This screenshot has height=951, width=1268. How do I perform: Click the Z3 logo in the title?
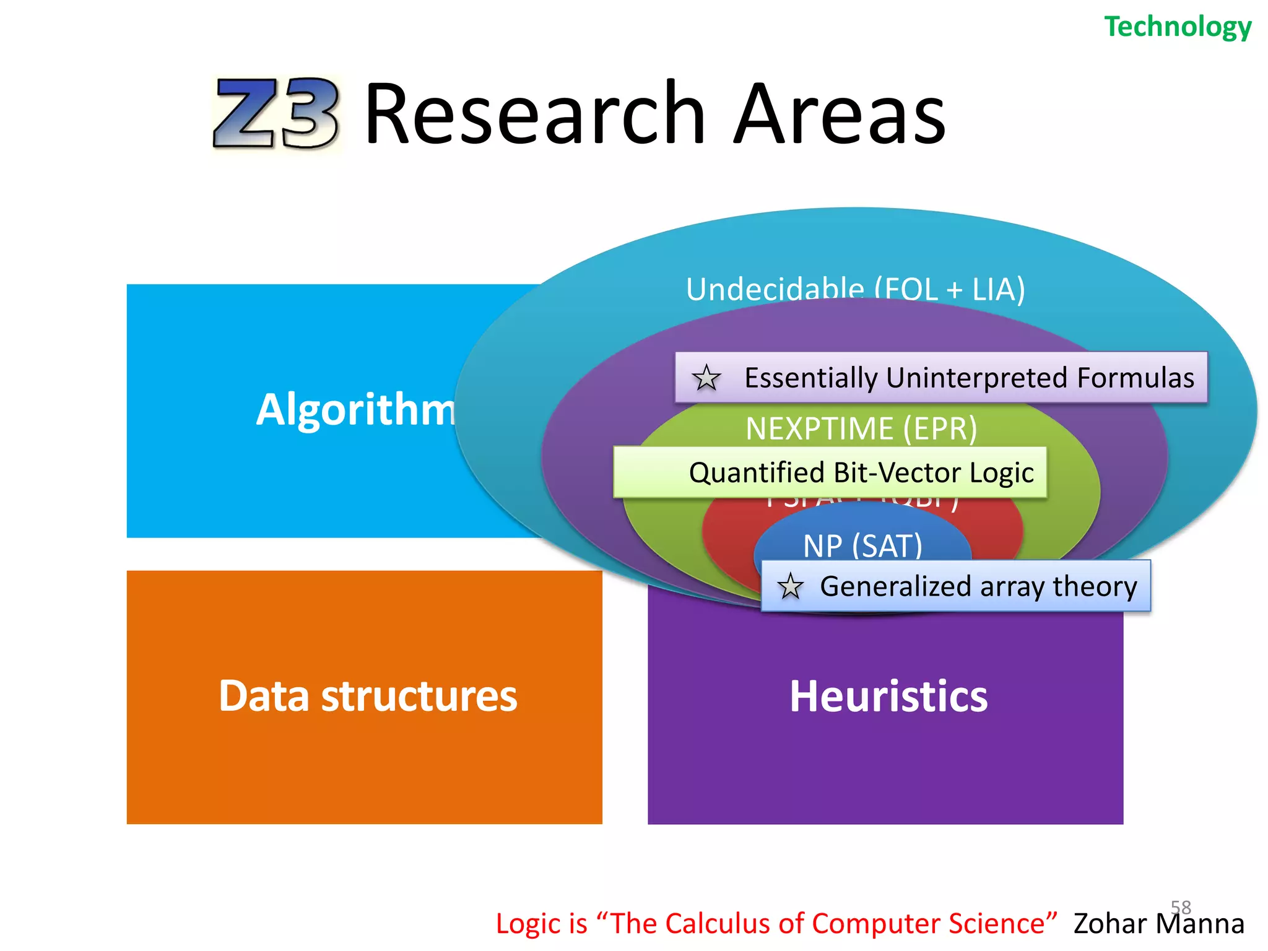(276, 114)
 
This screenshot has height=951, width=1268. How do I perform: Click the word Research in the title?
(536, 114)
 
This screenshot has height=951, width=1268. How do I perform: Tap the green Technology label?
(1178, 27)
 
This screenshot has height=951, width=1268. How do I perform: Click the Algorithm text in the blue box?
(356, 410)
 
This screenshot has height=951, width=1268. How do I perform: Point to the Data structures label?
(368, 696)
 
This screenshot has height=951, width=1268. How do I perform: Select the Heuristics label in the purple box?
(888, 697)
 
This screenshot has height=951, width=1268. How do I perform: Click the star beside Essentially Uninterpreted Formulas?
(706, 378)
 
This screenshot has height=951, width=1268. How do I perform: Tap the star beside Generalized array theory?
(791, 586)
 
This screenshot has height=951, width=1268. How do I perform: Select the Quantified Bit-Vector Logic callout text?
(861, 473)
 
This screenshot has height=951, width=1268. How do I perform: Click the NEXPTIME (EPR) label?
(861, 428)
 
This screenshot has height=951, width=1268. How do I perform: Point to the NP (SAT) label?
(862, 545)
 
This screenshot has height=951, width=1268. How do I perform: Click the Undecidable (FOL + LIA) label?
(855, 289)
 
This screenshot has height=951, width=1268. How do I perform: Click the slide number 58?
(1181, 907)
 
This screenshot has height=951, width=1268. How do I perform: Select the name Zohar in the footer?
(1110, 924)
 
